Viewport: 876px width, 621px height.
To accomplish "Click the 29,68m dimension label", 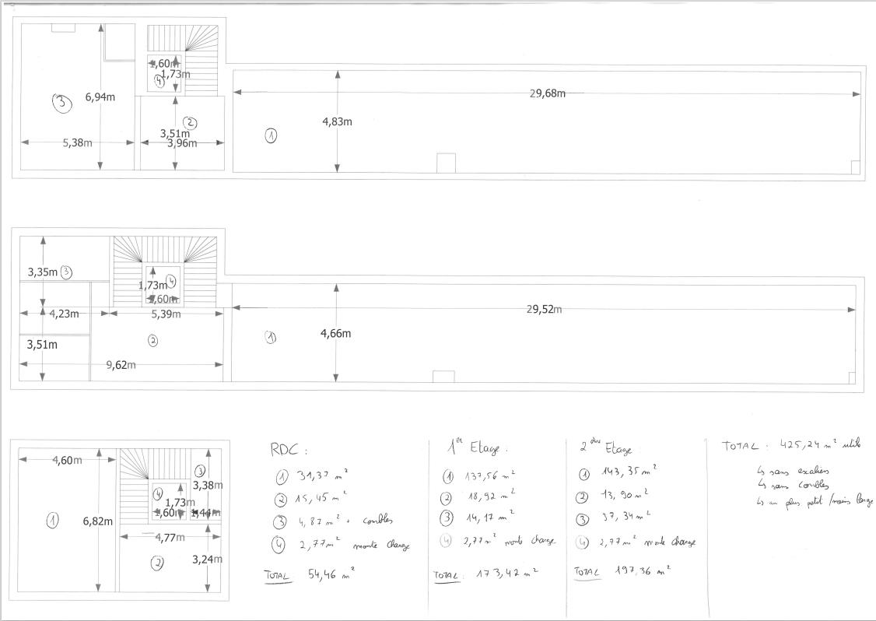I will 547,93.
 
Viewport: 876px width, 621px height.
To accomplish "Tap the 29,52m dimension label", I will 545,309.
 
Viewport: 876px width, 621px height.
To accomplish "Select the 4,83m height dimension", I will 337,121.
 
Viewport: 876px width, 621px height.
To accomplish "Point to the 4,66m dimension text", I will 335,334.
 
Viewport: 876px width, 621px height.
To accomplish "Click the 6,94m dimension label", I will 100,97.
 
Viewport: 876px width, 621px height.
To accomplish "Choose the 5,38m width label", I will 77,142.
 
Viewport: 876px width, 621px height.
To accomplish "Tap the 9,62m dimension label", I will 121,365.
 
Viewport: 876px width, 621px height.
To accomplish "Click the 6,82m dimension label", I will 98,521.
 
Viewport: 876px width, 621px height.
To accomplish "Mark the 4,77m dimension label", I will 170,537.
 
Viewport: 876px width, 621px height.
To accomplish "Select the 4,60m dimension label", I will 67,460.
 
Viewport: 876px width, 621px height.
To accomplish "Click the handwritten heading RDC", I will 288,449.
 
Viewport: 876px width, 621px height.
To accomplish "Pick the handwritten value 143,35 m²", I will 629,471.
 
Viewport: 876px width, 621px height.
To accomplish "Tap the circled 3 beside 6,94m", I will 61,103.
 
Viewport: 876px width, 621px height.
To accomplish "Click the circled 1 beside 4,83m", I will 271,135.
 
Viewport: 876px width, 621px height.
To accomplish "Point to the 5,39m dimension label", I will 166,314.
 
